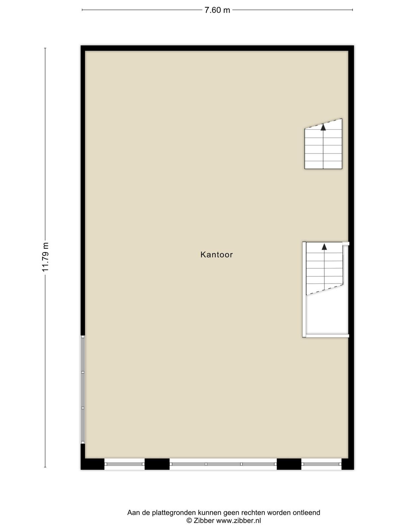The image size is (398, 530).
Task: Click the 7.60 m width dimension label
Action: click(217, 10)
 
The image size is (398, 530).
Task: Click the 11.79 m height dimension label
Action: click(45, 257)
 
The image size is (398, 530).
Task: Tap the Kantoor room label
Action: click(217, 254)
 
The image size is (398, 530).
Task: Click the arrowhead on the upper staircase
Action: click(323, 127)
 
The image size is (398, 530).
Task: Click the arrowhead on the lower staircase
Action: click(324, 246)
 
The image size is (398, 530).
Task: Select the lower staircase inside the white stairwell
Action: click(324, 268)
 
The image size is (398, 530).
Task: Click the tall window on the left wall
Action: click(83, 390)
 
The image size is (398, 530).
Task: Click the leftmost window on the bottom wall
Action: click(124, 464)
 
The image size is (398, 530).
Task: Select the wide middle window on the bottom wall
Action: click(223, 464)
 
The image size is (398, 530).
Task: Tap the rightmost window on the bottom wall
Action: click(321, 464)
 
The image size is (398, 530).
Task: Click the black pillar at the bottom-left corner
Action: click(92, 464)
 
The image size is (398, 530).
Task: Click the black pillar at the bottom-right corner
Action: click(348, 464)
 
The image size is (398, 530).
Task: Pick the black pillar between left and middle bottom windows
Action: click(157, 464)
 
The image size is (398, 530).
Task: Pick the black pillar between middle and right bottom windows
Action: click(289, 464)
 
